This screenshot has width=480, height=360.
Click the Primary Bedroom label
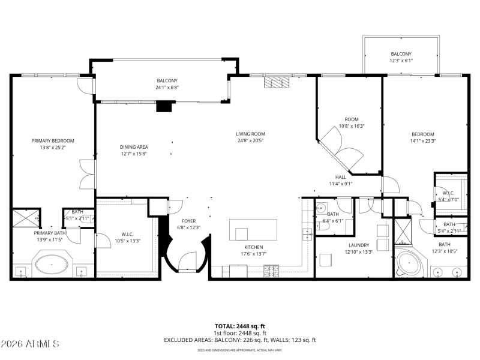coord(52,141)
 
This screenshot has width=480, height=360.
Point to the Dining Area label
coord(134,147)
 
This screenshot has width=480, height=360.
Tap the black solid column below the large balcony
coord(164,106)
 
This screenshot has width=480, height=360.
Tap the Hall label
coord(340,177)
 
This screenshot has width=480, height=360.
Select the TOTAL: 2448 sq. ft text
coord(240,326)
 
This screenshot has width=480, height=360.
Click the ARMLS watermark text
coord(30,344)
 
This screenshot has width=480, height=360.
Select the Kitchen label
coord(253,247)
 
